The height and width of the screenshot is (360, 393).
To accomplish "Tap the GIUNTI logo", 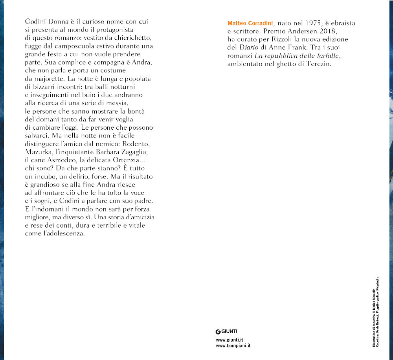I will click(227, 331).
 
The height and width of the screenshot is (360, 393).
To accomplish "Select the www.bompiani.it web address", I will click(233, 346).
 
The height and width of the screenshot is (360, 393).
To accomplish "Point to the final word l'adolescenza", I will click(63, 233).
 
